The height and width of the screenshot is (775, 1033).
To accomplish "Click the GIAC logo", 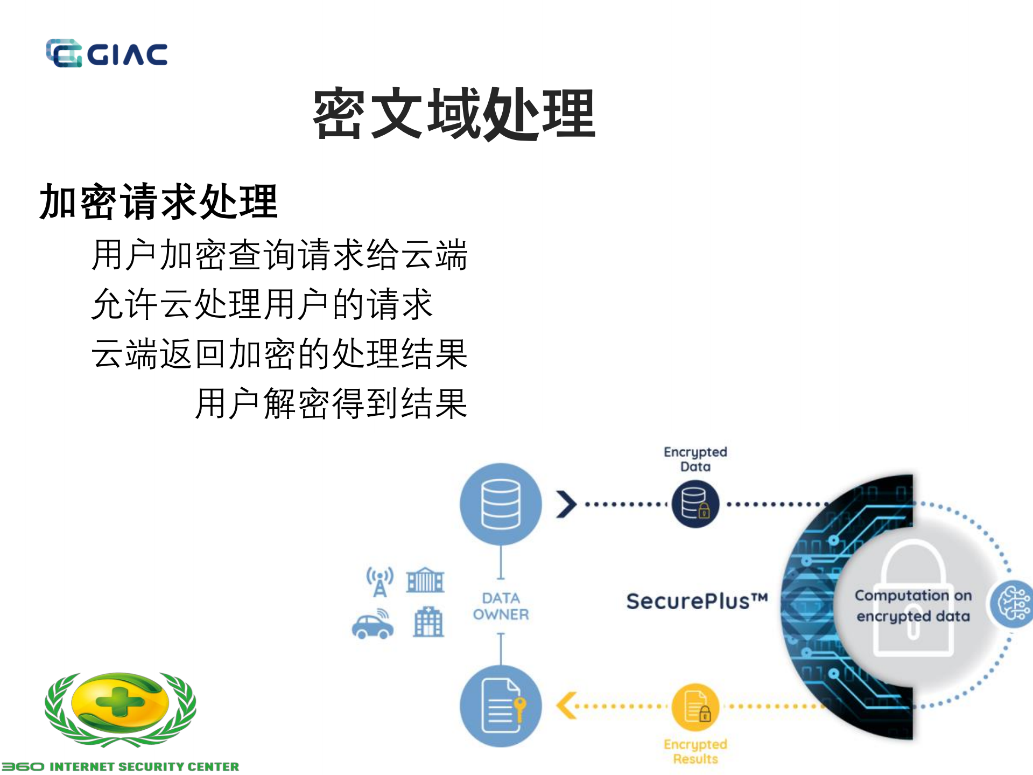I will tap(107, 53).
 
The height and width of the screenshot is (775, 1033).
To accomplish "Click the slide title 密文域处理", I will tap(454, 114).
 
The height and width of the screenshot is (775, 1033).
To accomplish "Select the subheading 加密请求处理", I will tap(158, 201).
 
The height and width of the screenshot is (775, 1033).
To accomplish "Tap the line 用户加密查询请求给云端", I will tap(279, 254).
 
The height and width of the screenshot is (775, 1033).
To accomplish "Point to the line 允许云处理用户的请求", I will tap(262, 304).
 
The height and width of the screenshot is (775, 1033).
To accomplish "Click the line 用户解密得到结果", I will tap(331, 403).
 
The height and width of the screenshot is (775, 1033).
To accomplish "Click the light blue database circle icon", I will tap(501, 504).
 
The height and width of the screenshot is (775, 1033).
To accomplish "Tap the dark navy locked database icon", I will tap(695, 504).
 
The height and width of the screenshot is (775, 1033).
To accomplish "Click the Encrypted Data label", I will tap(695, 459).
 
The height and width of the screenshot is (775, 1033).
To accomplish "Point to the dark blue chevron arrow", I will tap(566, 504).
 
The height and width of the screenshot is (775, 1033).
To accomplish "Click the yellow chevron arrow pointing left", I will tap(566, 706).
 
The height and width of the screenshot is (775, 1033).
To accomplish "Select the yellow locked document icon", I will tap(695, 707).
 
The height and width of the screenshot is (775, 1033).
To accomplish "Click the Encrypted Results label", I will tap(695, 751).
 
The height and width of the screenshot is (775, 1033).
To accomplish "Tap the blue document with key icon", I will tap(501, 706).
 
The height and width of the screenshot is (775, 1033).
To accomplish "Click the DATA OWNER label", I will tap(501, 606).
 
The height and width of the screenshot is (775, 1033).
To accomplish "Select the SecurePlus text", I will tap(697, 601).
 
